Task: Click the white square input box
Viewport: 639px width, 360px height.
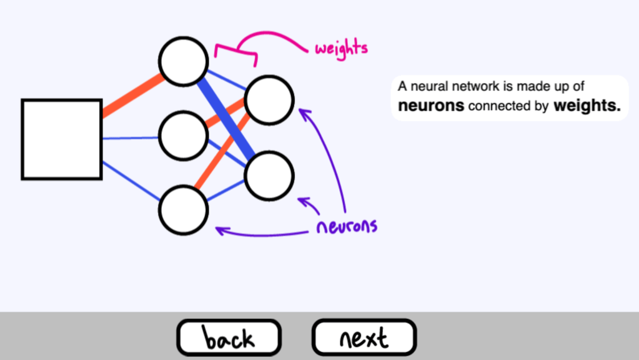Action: coord(62,139)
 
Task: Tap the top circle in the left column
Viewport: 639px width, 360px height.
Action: coord(183,61)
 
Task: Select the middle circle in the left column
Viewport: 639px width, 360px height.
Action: coord(183,135)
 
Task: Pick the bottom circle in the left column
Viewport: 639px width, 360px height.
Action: coord(183,209)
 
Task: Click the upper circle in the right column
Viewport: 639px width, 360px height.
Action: coord(269,99)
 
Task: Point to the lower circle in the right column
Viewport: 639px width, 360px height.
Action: coord(269,176)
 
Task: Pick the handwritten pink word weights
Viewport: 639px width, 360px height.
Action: coord(341,48)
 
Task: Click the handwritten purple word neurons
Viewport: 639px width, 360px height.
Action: coord(347,226)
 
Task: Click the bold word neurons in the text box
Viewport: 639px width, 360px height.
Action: coord(431,106)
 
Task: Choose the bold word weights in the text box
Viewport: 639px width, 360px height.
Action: coord(587,106)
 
